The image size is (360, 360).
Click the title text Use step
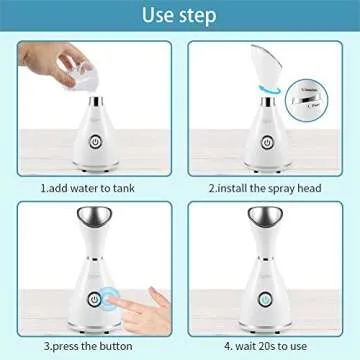coord(180,15)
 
